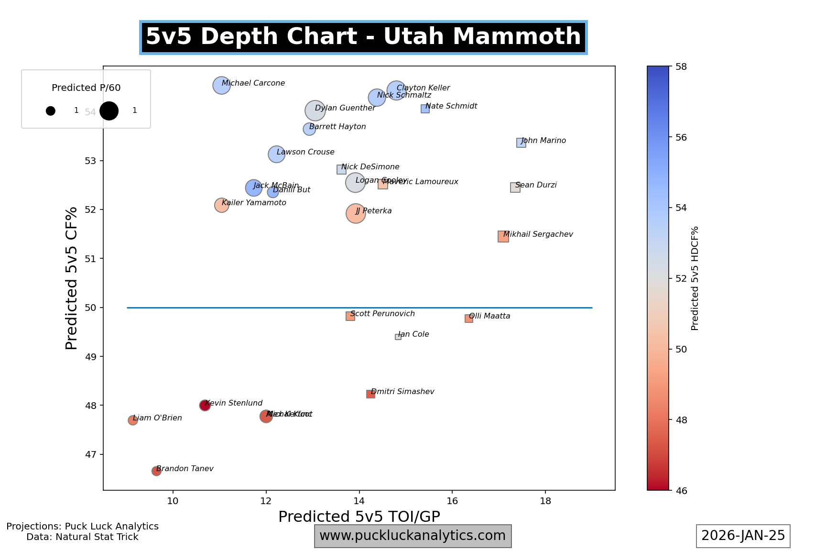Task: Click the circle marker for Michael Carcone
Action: (221, 86)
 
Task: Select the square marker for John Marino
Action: (521, 143)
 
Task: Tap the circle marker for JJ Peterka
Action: (356, 213)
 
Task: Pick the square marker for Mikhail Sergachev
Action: (503, 236)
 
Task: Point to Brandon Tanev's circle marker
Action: (156, 471)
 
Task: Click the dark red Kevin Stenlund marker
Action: (205, 406)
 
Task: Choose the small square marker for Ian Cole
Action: (398, 337)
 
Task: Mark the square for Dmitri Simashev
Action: (370, 394)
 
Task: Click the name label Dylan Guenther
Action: (345, 108)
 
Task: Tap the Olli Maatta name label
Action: (489, 316)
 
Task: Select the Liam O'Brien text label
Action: (157, 418)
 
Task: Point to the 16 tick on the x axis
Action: (452, 501)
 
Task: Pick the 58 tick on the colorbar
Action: (681, 66)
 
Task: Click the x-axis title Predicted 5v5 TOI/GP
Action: (359, 517)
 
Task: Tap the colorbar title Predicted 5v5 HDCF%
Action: (695, 278)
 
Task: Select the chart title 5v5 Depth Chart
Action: (363, 37)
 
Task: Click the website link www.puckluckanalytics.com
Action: (413, 536)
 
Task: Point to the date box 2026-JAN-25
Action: (743, 536)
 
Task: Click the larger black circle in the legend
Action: (109, 110)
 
